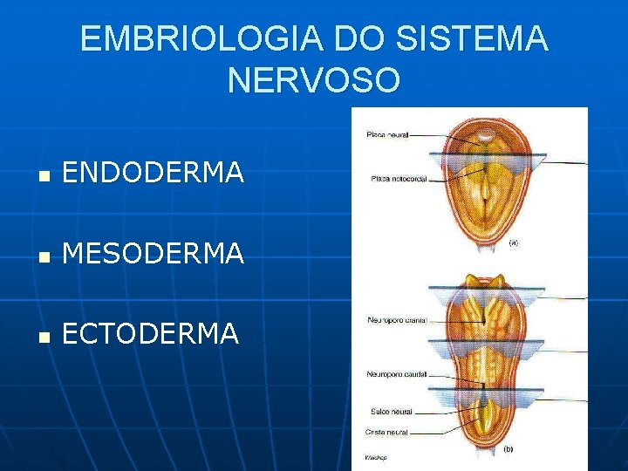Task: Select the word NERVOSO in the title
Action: coord(313,80)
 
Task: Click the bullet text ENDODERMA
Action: coord(153,174)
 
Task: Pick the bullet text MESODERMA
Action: coord(153,254)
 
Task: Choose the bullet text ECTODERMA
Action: coord(150,333)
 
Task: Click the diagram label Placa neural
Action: coord(387,134)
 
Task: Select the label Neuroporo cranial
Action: coord(397,320)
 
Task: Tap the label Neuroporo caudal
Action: coord(396,374)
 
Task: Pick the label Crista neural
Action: coord(386,432)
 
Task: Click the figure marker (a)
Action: coord(514,244)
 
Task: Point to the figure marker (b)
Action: coord(508,450)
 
